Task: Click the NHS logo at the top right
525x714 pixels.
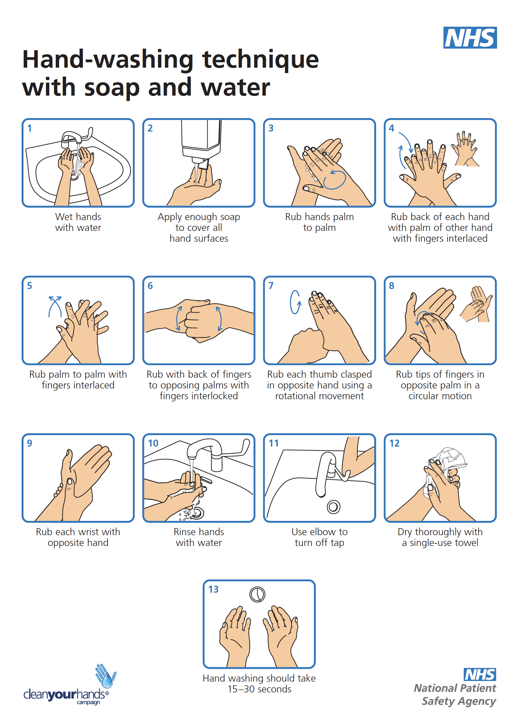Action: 470,37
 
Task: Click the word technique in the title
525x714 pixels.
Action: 260,60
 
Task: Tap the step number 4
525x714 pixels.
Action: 391,128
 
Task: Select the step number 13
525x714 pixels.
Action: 213,589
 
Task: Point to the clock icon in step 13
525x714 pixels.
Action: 257,594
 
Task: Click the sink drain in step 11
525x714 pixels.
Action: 333,507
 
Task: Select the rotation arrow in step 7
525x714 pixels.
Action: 295,302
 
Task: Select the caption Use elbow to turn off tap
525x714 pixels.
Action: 319,537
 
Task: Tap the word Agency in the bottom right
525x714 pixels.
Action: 477,701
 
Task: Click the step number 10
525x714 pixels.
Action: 153,443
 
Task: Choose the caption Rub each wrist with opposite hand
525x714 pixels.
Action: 78,537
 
